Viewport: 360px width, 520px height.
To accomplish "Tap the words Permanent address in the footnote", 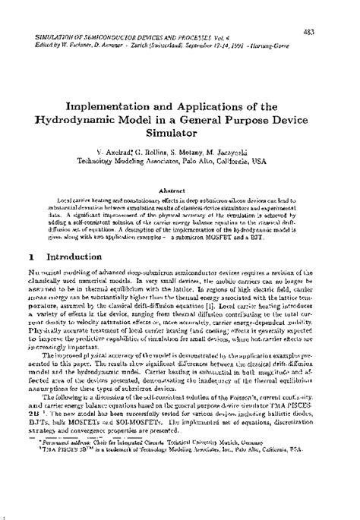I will [68, 481].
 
